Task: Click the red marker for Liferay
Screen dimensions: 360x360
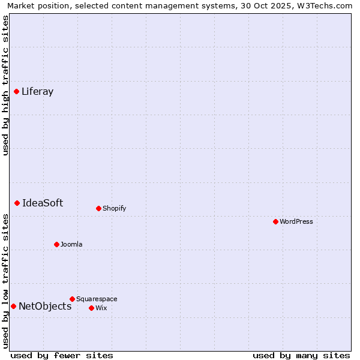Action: (x=17, y=92)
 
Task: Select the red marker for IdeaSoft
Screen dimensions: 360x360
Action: (x=17, y=203)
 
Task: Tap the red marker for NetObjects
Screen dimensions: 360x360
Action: (x=14, y=307)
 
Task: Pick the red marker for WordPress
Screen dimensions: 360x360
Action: (x=276, y=222)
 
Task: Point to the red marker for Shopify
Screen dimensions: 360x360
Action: (x=99, y=209)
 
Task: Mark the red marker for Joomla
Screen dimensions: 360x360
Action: (x=57, y=245)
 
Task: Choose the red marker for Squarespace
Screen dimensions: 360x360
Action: (x=73, y=299)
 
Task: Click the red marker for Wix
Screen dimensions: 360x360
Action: (x=92, y=308)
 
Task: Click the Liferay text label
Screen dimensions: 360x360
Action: (x=37, y=92)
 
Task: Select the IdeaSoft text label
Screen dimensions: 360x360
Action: (x=43, y=203)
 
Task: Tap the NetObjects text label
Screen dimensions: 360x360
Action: (x=45, y=307)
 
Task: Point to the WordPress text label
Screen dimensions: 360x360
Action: (x=296, y=222)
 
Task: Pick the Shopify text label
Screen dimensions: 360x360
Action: (x=115, y=209)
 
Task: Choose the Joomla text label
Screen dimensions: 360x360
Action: (x=71, y=245)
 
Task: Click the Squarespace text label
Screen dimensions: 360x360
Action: (x=97, y=299)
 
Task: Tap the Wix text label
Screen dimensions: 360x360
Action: (x=101, y=308)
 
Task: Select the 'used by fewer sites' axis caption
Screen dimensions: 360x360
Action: (x=62, y=355)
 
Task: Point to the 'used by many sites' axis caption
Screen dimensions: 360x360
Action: (x=301, y=355)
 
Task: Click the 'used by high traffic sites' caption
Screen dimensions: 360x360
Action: (x=6, y=85)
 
